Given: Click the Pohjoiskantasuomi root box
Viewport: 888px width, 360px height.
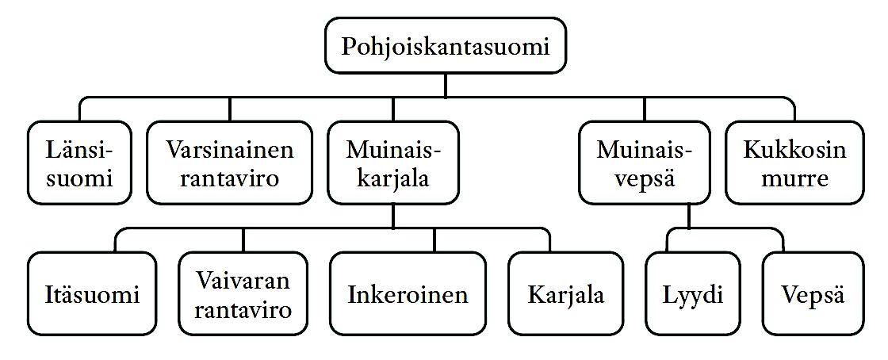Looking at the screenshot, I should tap(446, 47).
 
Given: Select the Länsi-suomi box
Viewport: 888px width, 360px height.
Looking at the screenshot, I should tap(79, 163).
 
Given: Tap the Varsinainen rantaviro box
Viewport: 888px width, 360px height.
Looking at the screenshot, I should tap(229, 163).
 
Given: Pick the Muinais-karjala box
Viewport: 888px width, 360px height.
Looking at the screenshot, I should tap(392, 163).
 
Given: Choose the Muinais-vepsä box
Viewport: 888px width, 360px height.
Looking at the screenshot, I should tap(643, 163).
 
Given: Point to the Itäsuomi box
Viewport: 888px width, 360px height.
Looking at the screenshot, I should tap(91, 294).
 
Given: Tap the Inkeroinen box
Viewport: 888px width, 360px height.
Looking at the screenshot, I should tap(408, 294).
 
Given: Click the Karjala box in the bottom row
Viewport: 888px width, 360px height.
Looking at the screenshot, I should tap(565, 294).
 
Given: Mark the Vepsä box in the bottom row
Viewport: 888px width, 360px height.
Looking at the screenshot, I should tap(813, 294).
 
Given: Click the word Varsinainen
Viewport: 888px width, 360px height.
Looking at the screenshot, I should tap(229, 149).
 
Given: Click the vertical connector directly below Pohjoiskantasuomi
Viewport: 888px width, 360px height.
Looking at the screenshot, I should tap(446, 86).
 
